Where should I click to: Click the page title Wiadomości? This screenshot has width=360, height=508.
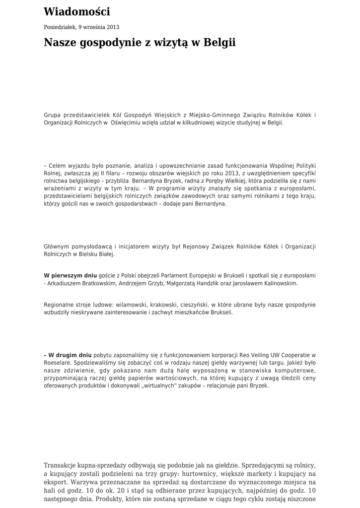[77, 12]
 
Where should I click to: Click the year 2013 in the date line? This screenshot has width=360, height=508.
[113, 27]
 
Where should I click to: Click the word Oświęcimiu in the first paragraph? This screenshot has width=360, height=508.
[131, 123]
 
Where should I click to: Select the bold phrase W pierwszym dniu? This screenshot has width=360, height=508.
[71, 275]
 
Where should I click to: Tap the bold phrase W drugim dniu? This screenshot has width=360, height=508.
[70, 355]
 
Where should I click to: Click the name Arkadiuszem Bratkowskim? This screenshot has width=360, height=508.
[82, 283]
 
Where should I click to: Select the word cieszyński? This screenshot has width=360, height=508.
[191, 305]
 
